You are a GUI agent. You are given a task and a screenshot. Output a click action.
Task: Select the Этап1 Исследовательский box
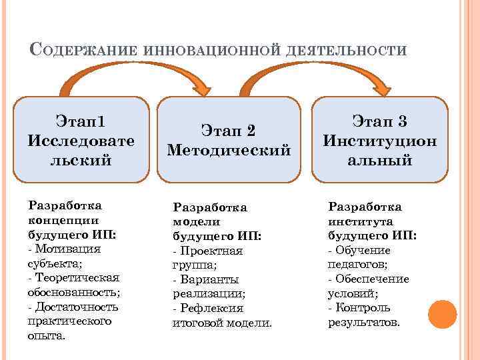(x=81, y=140)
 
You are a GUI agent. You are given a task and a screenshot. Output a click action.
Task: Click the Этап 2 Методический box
(x=229, y=140)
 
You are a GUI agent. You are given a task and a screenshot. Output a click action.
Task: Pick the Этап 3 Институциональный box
(x=380, y=140)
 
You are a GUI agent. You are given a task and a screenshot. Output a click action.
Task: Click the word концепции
(x=64, y=220)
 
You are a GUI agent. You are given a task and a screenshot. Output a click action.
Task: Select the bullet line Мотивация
(x=67, y=249)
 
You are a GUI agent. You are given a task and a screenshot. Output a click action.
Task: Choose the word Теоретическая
(x=81, y=277)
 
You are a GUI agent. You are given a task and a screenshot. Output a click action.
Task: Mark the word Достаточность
(x=77, y=307)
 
